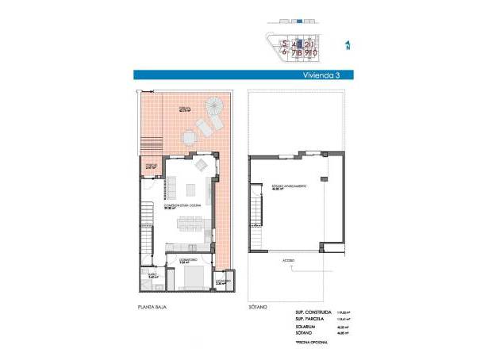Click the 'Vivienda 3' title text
pos(326,77)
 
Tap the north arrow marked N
pos(348,45)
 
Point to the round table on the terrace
pos(190,138)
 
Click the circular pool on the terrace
pos(215,105)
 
